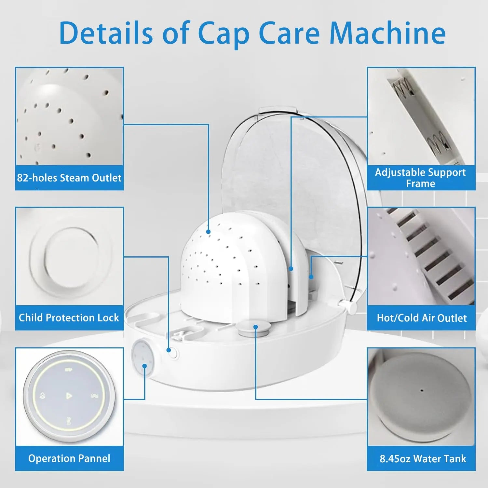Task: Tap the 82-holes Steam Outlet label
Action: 69,178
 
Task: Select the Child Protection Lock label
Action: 69,318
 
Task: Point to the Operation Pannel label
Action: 69,458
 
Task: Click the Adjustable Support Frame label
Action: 421,178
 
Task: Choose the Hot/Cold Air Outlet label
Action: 422,318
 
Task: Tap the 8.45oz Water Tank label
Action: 423,459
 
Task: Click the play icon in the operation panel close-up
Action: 69,396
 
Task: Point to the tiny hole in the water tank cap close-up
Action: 422,390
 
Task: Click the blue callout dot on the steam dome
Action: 208,232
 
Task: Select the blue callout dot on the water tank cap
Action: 256,327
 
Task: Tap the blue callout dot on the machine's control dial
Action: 145,366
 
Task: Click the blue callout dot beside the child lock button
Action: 169,350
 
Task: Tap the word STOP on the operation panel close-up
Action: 68,370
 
